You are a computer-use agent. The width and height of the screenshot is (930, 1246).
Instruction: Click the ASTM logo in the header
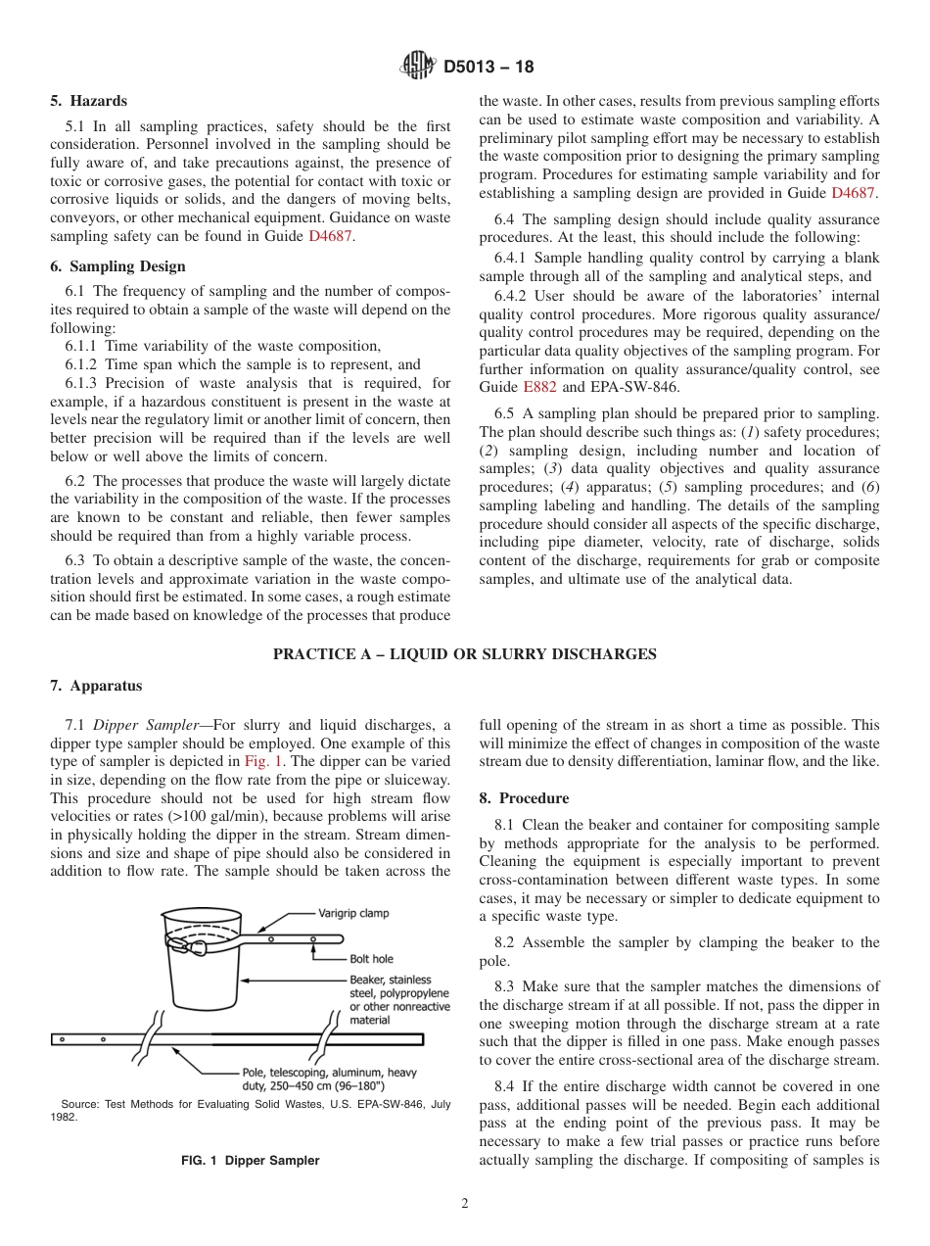coord(418,67)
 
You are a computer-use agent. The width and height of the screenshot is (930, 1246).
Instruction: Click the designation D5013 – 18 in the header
coord(488,68)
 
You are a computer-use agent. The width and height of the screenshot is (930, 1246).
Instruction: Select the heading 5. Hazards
coord(88,101)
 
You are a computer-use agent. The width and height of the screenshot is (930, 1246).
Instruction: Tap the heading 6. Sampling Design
coord(117,266)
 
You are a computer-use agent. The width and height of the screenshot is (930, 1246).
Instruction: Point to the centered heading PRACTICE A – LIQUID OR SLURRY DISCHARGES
coord(464,654)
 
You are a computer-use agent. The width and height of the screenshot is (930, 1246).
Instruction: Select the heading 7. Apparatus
coord(96,686)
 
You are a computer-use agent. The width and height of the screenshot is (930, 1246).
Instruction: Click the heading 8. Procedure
coord(524,798)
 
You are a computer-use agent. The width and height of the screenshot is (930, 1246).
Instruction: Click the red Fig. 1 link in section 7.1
coord(263,761)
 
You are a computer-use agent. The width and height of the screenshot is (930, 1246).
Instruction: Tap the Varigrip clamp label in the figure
coord(352,913)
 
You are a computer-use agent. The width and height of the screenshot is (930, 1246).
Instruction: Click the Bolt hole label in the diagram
coord(371,959)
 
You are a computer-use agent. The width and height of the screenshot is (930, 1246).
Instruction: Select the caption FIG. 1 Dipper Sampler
coord(251,1160)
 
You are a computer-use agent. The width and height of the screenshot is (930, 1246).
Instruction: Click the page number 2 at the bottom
coord(465,1204)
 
